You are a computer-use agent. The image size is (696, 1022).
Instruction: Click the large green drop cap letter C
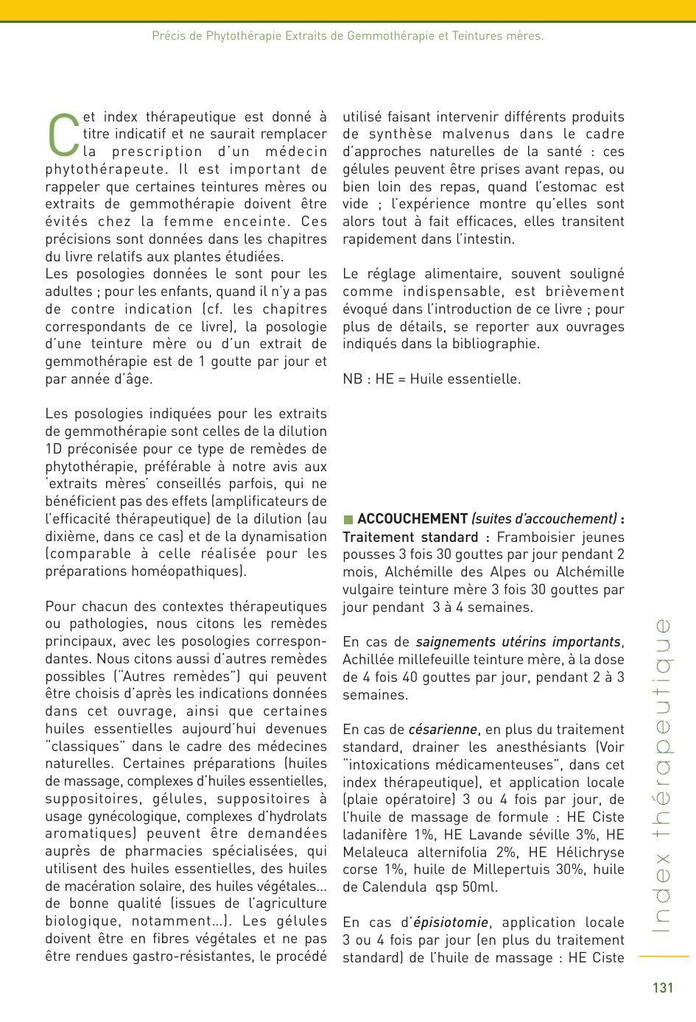pyautogui.click(x=63, y=135)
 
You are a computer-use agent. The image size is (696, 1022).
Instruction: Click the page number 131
pyautogui.click(x=663, y=988)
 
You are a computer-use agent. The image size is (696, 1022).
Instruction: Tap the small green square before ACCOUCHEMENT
pyautogui.click(x=348, y=520)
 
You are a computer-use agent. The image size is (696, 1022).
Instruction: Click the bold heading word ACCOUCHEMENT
pyautogui.click(x=412, y=519)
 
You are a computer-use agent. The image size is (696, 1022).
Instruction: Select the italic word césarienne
pyautogui.click(x=443, y=730)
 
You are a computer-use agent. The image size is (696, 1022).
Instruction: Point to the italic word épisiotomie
pyautogui.click(x=451, y=923)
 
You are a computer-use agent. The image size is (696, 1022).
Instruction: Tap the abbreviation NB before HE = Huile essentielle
pyautogui.click(x=353, y=379)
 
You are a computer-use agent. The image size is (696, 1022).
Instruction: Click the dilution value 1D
pyautogui.click(x=54, y=449)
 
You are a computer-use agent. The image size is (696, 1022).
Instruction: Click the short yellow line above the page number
pyautogui.click(x=664, y=957)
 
